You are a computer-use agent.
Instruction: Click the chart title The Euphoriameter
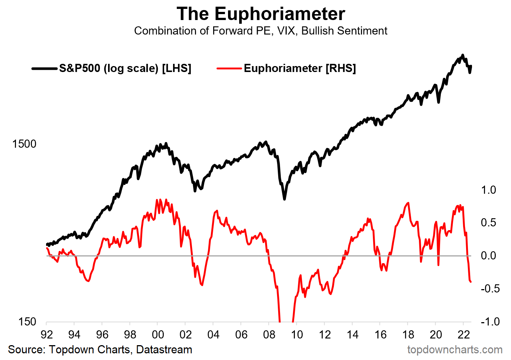[x=261, y=14]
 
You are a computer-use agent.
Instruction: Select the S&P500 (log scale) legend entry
[x=125, y=68]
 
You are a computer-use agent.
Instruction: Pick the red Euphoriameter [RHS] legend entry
[x=299, y=68]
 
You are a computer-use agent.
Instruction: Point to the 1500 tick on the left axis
[x=24, y=144]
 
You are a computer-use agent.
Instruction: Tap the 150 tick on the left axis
[x=27, y=322]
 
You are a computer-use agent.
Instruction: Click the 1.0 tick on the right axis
[x=488, y=190]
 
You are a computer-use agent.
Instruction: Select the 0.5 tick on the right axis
[x=488, y=223]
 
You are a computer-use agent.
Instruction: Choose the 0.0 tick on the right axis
[x=488, y=256]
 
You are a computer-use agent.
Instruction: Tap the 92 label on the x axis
[x=46, y=335]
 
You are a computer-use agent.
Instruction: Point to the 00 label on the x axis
[x=158, y=335]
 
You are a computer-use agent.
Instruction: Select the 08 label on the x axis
[x=269, y=335]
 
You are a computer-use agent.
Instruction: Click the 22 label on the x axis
[x=463, y=335]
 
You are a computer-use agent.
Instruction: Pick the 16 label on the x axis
[x=380, y=335]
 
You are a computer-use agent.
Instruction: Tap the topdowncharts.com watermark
[x=455, y=350]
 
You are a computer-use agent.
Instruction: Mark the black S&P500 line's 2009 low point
[x=284, y=199]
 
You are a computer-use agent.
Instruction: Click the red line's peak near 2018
[x=409, y=203]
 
